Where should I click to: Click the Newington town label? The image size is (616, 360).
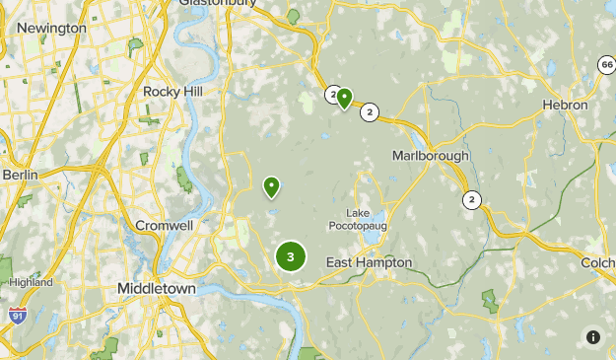click(51, 28)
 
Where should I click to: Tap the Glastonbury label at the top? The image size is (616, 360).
click(218, 3)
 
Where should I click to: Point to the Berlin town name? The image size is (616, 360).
click(20, 175)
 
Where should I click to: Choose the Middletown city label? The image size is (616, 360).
click(157, 288)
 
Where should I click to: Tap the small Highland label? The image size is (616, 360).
click(31, 282)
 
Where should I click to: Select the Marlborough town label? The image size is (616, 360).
click(431, 156)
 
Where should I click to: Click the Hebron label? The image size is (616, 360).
click(565, 105)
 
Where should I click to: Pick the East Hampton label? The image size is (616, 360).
click(369, 262)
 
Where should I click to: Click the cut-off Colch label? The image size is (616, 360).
click(598, 262)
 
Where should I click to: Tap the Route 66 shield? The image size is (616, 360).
click(605, 64)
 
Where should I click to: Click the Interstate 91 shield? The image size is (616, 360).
click(17, 315)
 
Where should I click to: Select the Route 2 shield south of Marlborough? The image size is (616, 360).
click(472, 200)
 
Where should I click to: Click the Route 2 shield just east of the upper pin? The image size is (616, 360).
click(370, 111)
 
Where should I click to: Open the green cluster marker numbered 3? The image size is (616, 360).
click(290, 256)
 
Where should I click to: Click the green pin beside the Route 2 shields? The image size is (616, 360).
click(344, 98)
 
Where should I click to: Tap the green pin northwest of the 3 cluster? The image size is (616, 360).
click(271, 186)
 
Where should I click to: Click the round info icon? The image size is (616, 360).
click(592, 336)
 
